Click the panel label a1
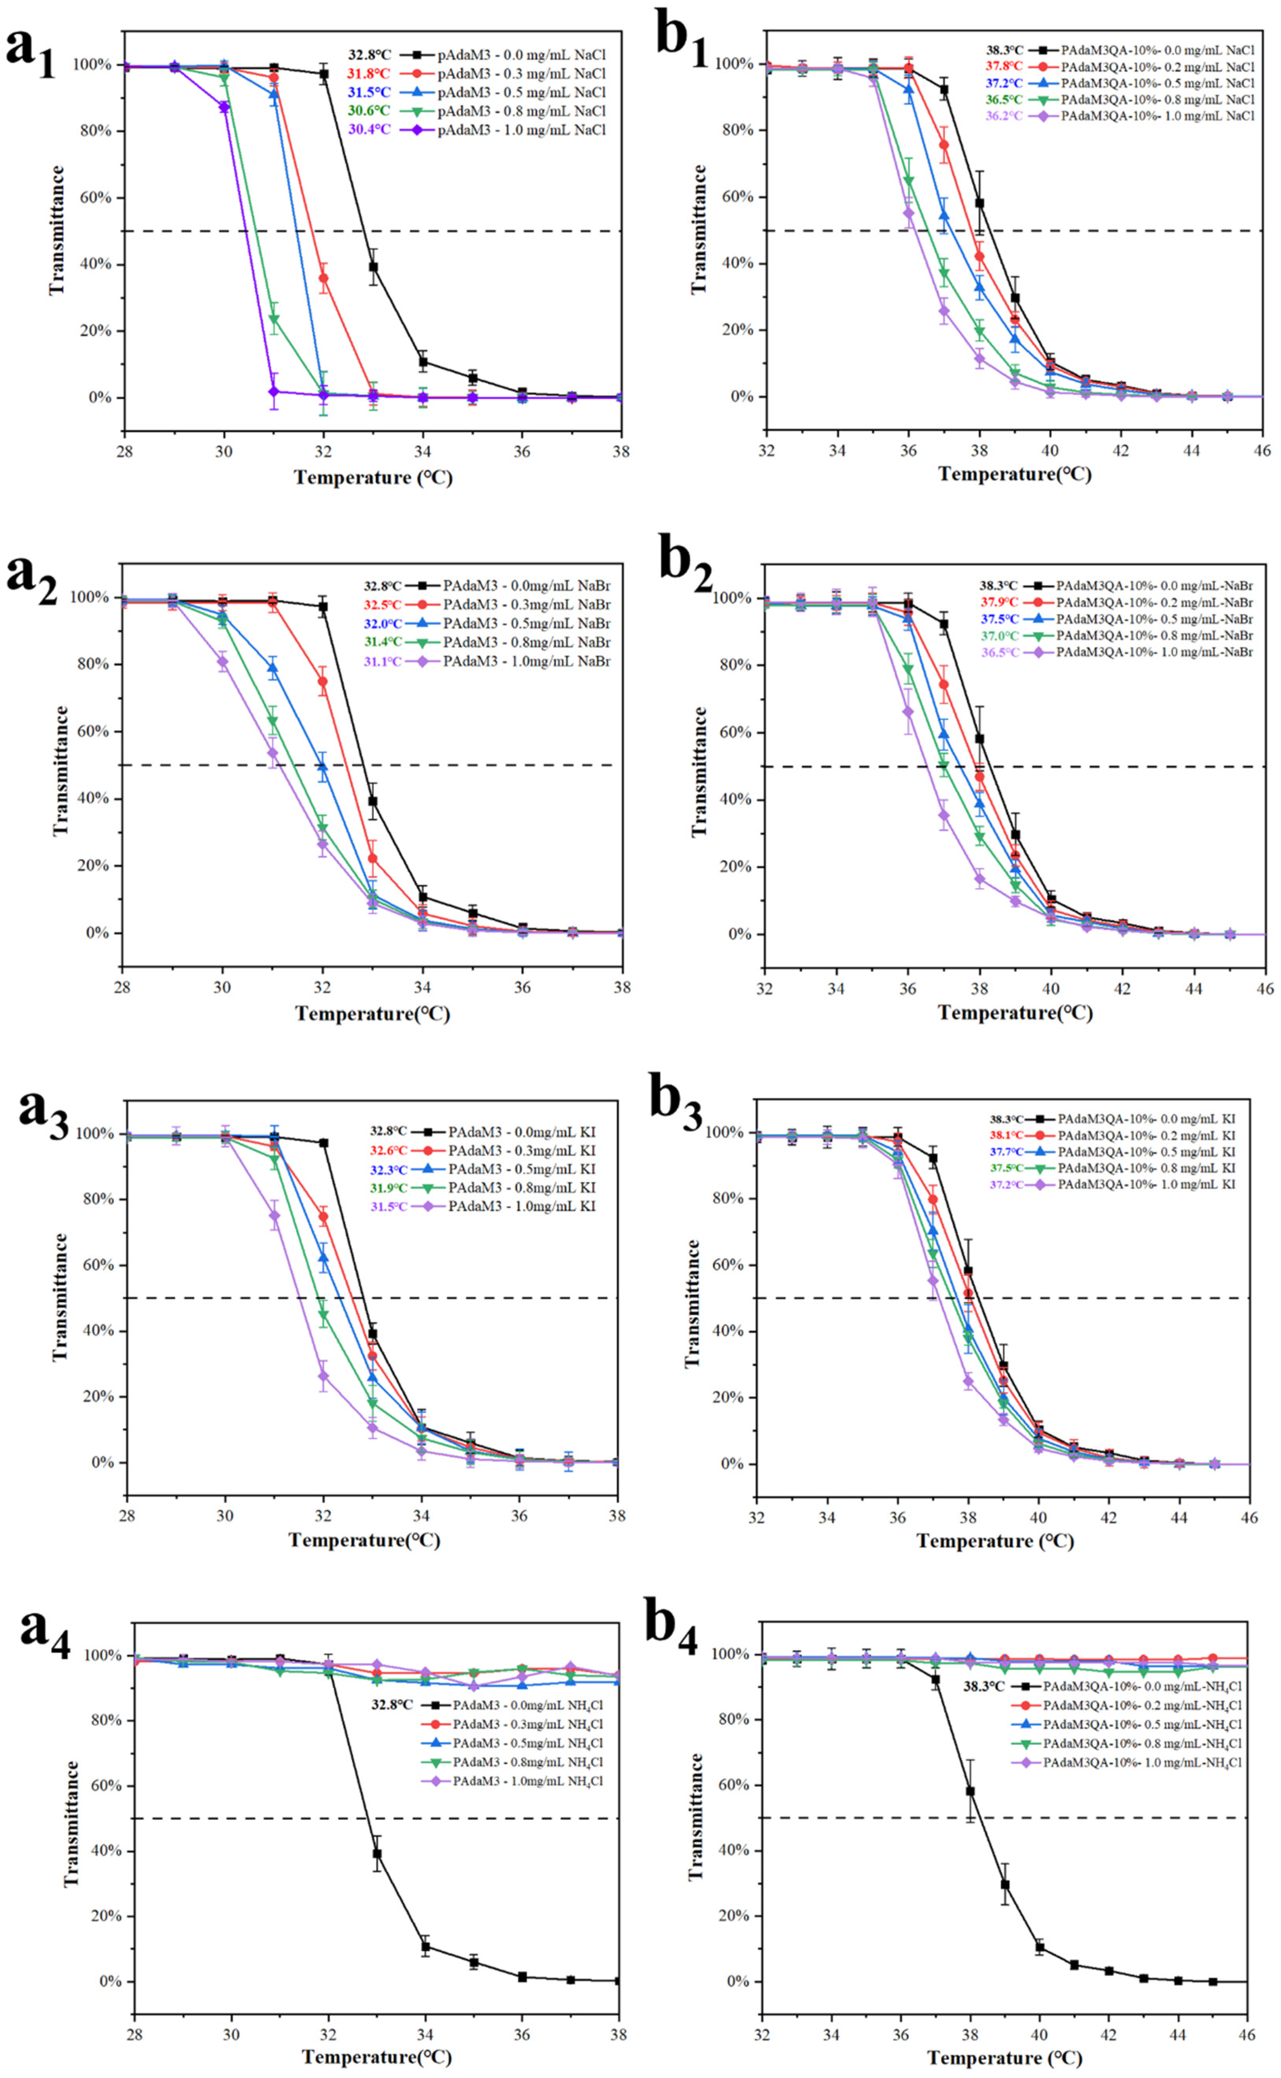[31, 53]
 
